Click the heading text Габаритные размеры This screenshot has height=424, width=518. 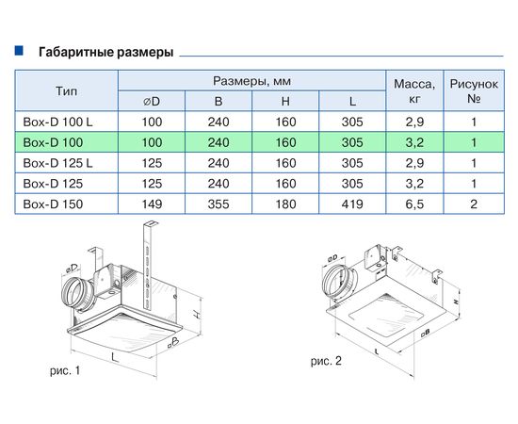pyautogui.click(x=105, y=53)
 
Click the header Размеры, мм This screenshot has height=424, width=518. pyautogui.click(x=251, y=80)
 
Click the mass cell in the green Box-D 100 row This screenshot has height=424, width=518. pyautogui.click(x=413, y=141)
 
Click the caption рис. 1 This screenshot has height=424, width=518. pyautogui.click(x=64, y=372)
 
